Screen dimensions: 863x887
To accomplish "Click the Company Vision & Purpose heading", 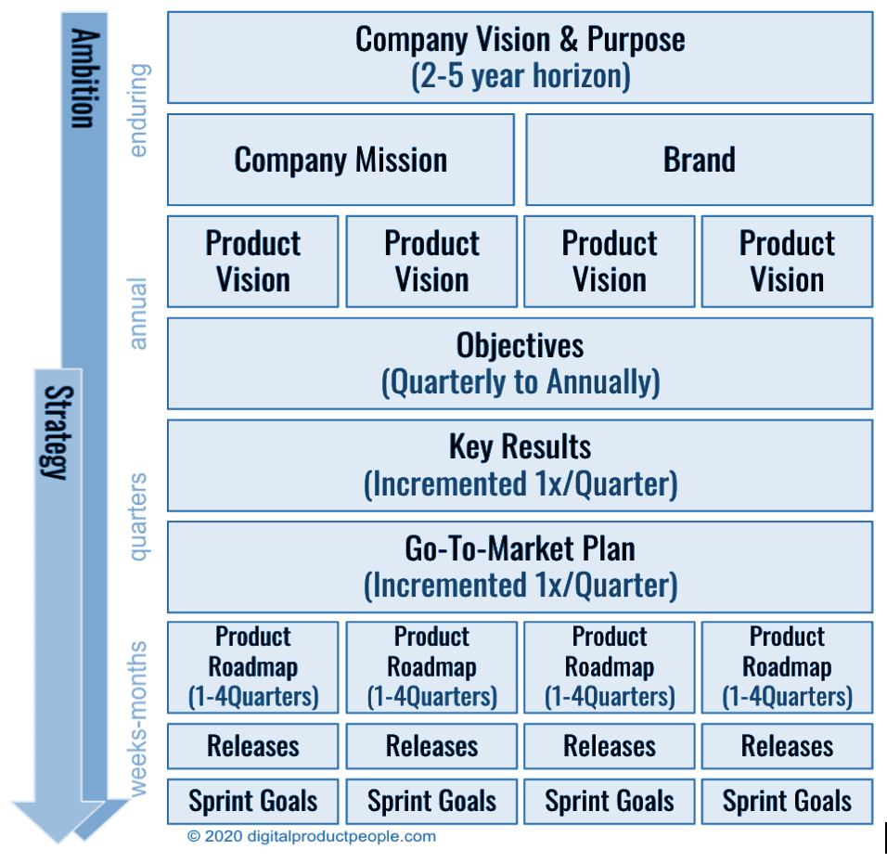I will click(x=520, y=40).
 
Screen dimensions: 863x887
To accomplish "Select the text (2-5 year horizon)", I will click(x=520, y=76).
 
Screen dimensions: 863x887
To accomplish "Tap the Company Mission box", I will click(x=341, y=160).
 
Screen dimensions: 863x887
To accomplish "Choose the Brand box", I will click(x=699, y=160).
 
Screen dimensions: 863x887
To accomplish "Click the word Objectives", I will click(x=520, y=345).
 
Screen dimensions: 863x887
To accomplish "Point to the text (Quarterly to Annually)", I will click(x=520, y=382).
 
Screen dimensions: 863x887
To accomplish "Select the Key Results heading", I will click(x=520, y=446).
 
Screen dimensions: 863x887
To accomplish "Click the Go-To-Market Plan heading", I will click(x=520, y=548).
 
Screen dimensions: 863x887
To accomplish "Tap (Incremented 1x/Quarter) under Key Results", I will click(x=520, y=484).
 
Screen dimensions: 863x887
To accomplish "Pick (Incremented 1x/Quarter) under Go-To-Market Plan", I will click(x=520, y=586).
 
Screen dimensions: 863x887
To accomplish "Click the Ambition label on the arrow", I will click(x=84, y=79).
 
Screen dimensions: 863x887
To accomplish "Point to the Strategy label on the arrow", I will click(x=58, y=431).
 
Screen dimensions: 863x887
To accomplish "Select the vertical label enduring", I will click(x=138, y=110).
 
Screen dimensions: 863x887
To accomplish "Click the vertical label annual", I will click(x=138, y=314).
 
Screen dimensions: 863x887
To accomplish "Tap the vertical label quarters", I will click(x=138, y=517).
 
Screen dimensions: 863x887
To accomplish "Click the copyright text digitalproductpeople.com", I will click(x=312, y=836).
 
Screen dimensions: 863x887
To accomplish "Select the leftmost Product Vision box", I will click(x=252, y=262).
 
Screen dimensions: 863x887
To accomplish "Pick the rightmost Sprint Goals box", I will click(x=787, y=802).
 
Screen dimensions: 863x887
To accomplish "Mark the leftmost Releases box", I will click(x=252, y=746).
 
